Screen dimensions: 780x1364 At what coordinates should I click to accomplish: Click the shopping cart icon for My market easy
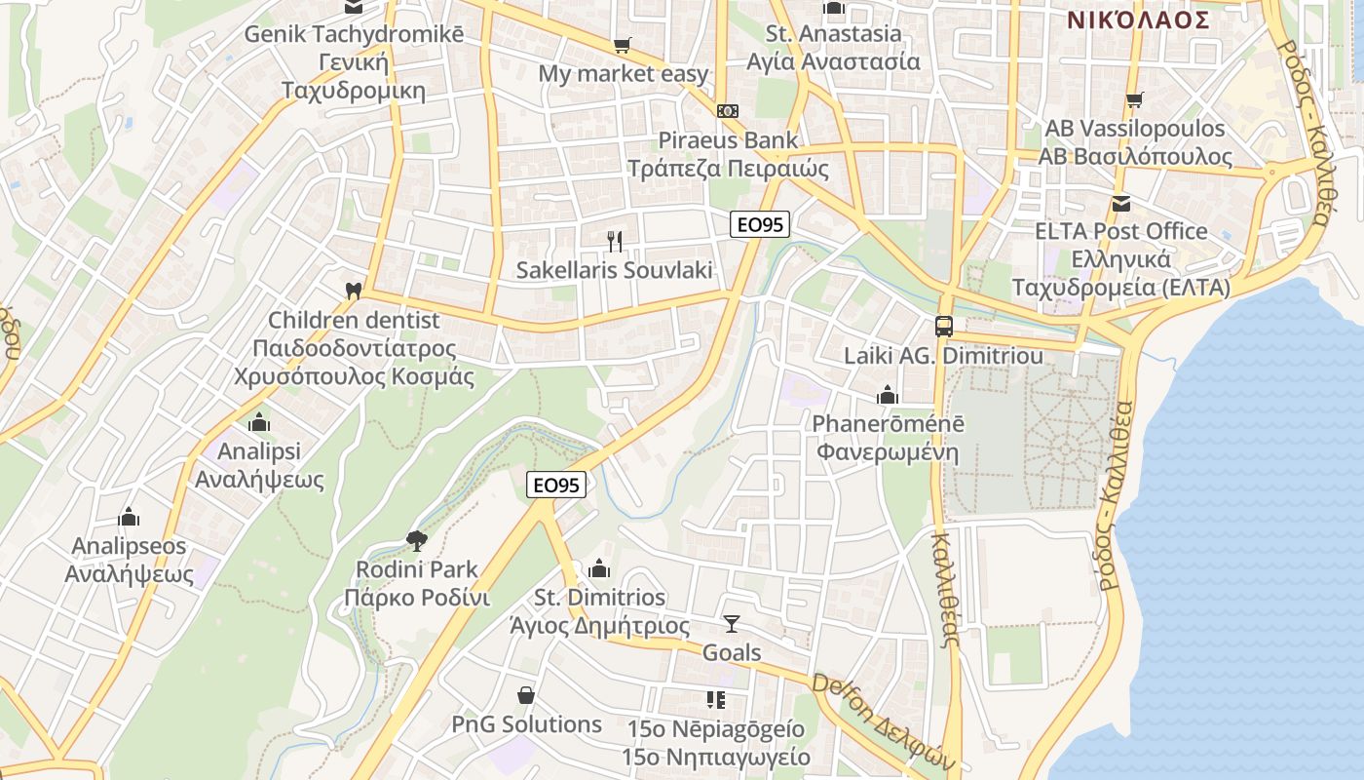click(622, 45)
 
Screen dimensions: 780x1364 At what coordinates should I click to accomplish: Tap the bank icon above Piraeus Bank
click(728, 111)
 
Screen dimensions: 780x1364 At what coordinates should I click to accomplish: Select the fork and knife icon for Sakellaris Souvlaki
click(615, 241)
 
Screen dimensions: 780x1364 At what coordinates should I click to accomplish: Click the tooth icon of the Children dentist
click(354, 291)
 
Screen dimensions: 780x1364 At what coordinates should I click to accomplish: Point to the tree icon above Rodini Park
click(417, 540)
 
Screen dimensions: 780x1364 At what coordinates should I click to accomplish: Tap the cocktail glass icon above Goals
click(732, 624)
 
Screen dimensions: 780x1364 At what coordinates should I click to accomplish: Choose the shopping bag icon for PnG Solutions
click(526, 695)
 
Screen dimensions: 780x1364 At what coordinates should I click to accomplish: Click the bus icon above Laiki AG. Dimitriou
click(943, 327)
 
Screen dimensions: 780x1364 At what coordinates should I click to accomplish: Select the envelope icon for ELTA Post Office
click(1121, 203)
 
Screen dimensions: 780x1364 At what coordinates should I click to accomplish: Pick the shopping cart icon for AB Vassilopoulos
click(1134, 99)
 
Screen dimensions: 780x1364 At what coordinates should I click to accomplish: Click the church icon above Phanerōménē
click(887, 395)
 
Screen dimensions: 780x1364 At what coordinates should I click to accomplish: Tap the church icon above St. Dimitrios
click(599, 568)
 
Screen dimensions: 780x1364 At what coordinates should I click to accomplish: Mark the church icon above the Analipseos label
click(129, 517)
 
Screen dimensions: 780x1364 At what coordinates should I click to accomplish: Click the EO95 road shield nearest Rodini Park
click(556, 485)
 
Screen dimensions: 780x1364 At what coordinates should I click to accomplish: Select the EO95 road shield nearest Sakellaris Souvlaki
click(760, 224)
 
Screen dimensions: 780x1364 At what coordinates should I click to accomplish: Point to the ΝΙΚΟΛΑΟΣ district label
click(1138, 19)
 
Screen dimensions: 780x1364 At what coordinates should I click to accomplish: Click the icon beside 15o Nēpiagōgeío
click(716, 700)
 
